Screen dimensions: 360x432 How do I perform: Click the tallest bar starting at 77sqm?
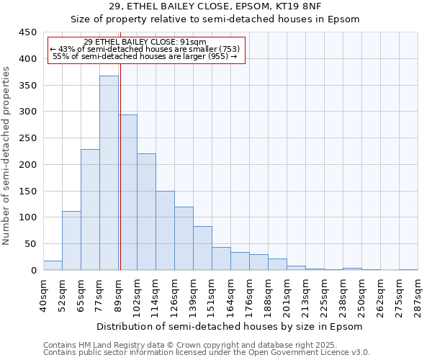tap(109, 173)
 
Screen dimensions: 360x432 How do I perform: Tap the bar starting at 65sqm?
tap(90, 210)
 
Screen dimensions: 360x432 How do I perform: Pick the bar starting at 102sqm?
tap(146, 212)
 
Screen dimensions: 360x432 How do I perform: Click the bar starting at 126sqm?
tap(184, 238)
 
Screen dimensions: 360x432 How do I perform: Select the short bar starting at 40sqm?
tap(53, 266)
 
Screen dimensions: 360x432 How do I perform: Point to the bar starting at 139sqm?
tap(202, 248)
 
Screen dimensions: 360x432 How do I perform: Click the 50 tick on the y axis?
tap(31, 244)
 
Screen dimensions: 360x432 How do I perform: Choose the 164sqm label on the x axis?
tap(231, 296)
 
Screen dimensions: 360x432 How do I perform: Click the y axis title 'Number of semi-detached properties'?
tap(7, 156)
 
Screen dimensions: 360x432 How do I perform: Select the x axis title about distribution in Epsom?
tap(229, 326)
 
